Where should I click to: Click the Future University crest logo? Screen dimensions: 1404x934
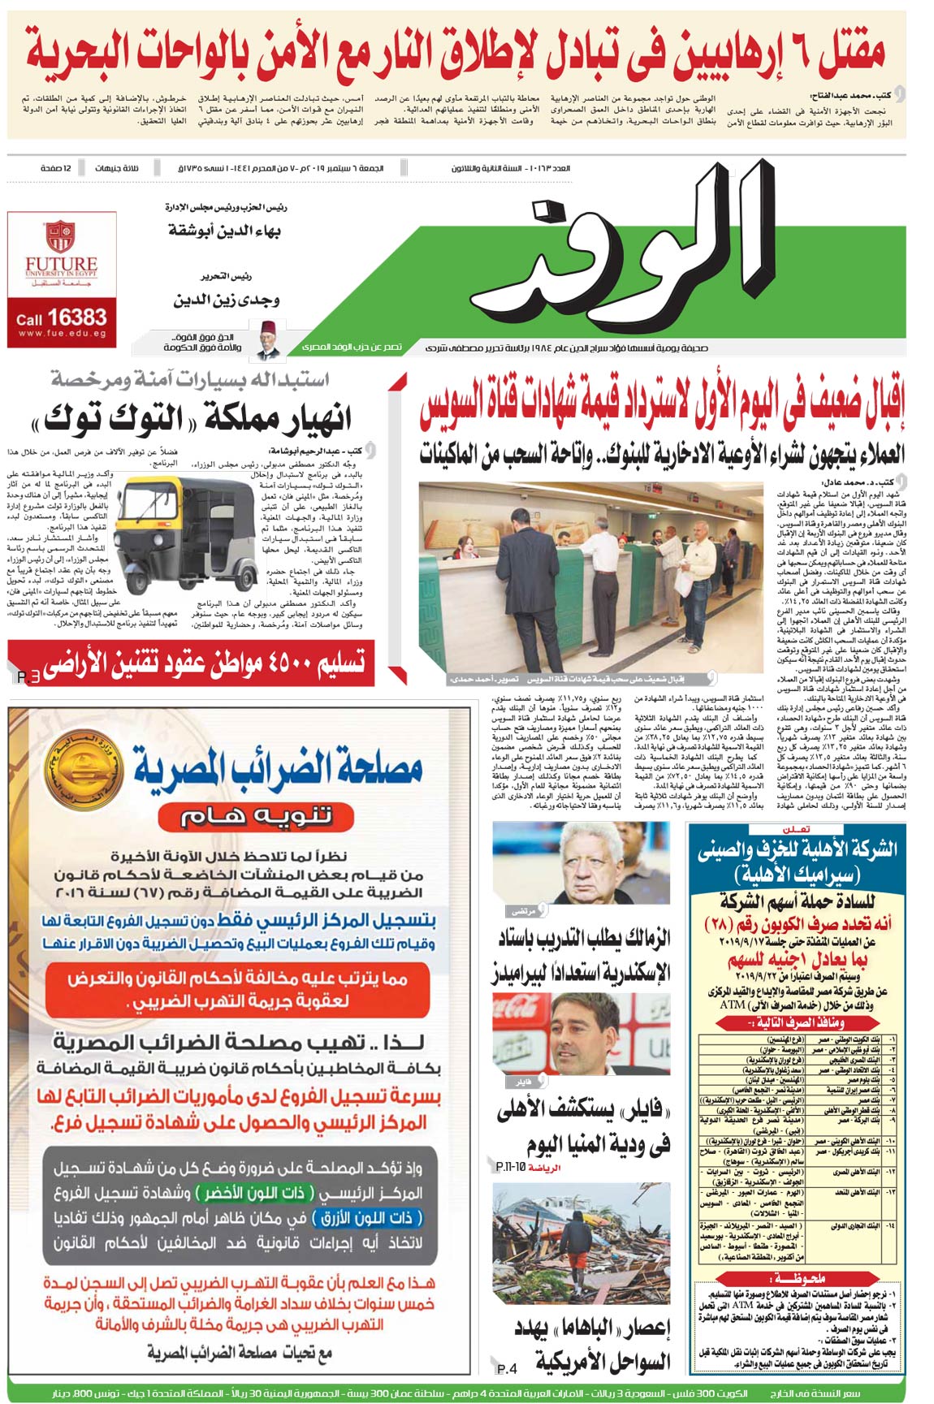pyautogui.click(x=60, y=235)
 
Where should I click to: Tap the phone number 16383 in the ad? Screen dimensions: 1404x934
pyautogui.click(x=76, y=317)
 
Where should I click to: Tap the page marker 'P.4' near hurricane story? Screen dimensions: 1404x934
pyautogui.click(x=507, y=1369)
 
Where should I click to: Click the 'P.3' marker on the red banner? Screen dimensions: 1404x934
pyautogui.click(x=28, y=676)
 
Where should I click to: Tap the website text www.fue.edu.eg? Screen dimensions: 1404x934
pyautogui.click(x=61, y=333)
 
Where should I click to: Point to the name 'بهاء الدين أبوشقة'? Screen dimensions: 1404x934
pyautogui.click(x=224, y=231)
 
